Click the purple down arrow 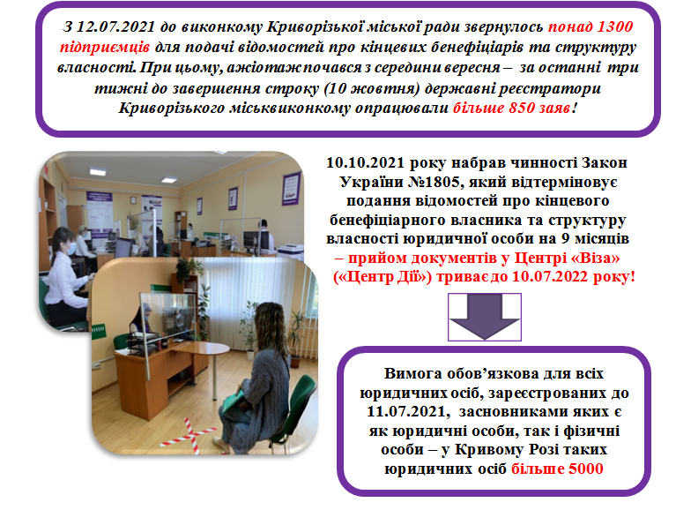click(484, 317)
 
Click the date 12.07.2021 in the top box click(115, 26)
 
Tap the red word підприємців click(105, 47)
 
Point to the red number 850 click(522, 108)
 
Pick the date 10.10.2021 click(366, 163)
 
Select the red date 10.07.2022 click(551, 276)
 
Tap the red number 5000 click(585, 469)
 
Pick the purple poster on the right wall click(292, 188)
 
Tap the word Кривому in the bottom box click(488, 450)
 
